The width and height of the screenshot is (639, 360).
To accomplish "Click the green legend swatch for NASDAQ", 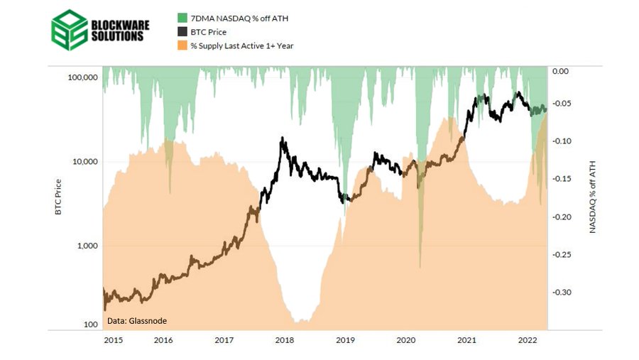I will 182,17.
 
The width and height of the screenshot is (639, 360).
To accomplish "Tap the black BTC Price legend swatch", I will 182,31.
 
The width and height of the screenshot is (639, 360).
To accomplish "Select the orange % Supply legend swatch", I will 182,45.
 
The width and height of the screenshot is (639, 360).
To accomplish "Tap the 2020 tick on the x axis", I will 405,341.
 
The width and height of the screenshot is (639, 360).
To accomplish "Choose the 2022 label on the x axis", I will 527,341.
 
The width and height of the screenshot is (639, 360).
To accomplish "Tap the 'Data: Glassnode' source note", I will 137,321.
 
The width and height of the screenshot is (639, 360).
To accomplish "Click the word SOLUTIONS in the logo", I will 116,36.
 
